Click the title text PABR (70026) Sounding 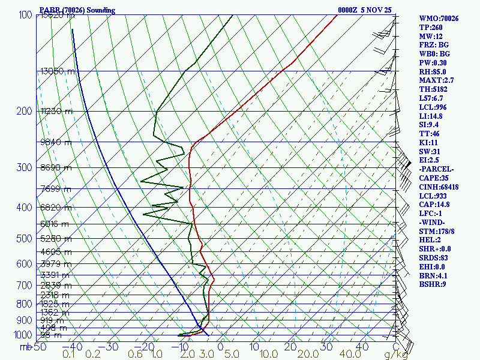pos(77,10)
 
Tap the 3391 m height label pos(55,275)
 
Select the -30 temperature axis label pos(109,347)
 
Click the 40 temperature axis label pos(362,347)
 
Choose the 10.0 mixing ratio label pos(268,355)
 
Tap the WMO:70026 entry pos(439,19)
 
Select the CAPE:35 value pos(433,178)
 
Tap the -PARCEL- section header pos(436,169)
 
